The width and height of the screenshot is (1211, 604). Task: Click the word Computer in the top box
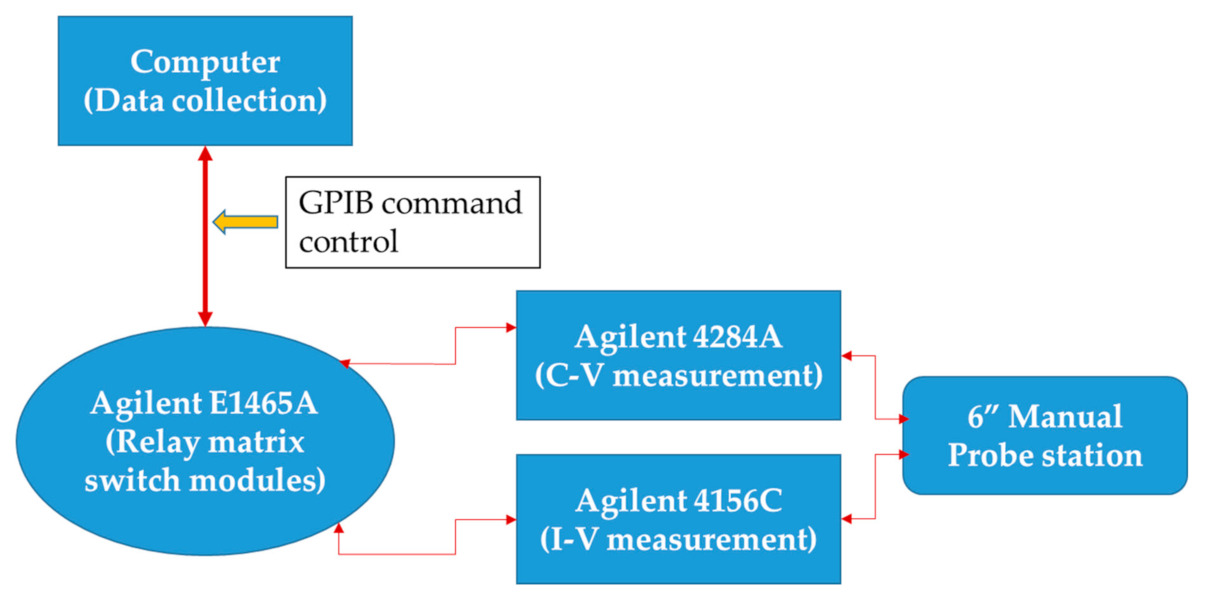pos(205,62)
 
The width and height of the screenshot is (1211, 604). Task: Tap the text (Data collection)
pos(205,100)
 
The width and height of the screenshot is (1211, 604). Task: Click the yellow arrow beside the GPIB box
pos(246,222)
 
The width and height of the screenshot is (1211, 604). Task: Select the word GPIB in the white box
pos(336,203)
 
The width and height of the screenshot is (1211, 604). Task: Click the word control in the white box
pos(348,242)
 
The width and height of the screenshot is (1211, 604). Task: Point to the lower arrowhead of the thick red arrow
pos(206,319)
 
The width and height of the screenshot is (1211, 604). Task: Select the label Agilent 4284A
pos(678,337)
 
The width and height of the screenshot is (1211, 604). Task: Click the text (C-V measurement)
pos(678,375)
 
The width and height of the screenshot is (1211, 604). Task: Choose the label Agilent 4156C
pos(678,501)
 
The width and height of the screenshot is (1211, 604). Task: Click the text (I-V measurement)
pos(678,539)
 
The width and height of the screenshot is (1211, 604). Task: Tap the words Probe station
pos(1044,456)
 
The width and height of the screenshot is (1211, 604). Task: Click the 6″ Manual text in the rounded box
pos(1044,417)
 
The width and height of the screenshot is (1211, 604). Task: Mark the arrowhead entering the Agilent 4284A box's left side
pos(511,328)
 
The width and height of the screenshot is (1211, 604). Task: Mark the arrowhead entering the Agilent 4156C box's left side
pos(511,520)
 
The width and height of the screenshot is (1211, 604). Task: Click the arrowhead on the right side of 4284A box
pos(847,356)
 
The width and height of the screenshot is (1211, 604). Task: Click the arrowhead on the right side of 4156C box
pos(847,518)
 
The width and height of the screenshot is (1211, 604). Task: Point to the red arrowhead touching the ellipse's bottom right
pos(338,529)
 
